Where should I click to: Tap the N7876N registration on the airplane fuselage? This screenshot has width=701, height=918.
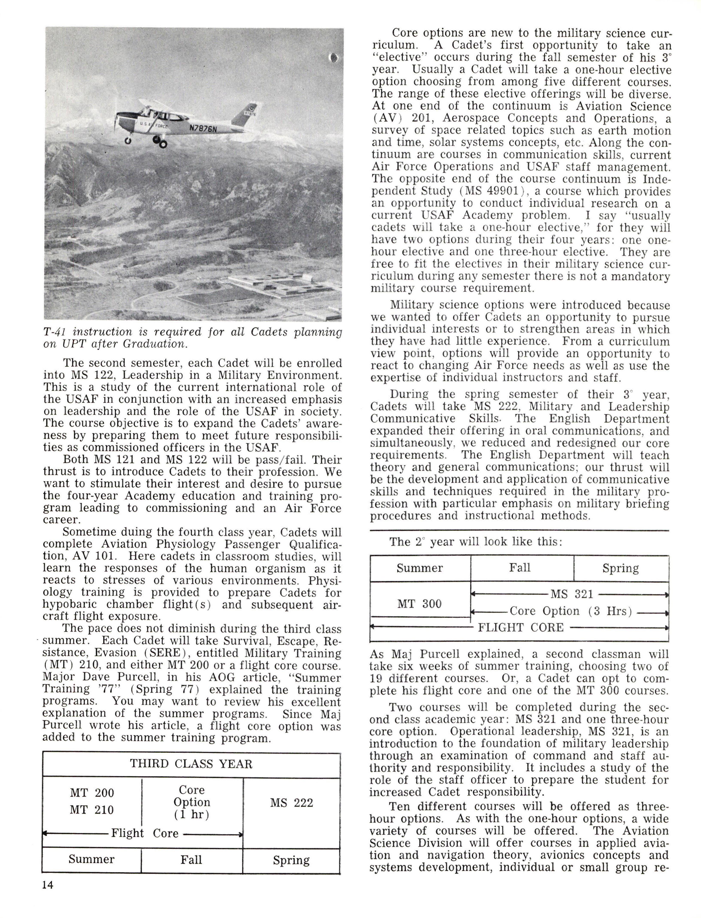click(203, 128)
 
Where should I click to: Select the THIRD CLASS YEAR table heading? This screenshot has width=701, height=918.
click(191, 764)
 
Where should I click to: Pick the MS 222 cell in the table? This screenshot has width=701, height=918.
click(291, 803)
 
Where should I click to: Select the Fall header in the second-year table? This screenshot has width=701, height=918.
click(520, 568)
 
